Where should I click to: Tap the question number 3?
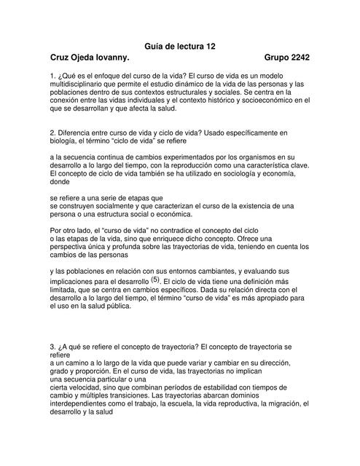pyautogui.click(x=52, y=346)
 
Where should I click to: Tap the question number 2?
pyautogui.click(x=52, y=133)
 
